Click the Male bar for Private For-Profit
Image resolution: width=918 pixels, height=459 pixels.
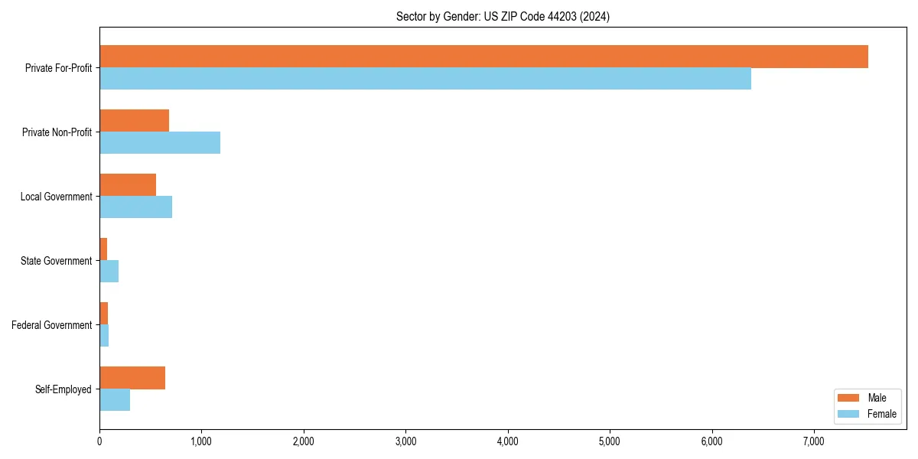[483, 57]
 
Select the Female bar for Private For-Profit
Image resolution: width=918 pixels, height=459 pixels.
[425, 79]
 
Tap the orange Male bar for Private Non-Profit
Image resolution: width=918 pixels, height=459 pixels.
[134, 121]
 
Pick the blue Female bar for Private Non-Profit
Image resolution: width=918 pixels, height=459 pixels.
[160, 143]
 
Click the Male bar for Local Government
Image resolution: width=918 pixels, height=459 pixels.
[128, 185]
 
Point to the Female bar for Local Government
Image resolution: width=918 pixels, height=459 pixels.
[135, 207]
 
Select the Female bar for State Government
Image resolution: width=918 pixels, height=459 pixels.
[109, 272]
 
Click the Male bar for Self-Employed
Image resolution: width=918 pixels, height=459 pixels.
[132, 378]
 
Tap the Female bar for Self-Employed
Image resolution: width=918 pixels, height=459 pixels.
[115, 400]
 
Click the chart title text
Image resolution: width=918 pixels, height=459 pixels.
[503, 16]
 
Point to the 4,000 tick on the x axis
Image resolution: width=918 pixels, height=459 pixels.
[508, 441]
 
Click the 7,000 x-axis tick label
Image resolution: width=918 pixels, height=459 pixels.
[814, 441]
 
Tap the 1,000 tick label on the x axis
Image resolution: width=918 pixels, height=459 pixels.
[201, 441]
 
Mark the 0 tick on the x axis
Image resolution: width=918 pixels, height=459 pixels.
[99, 441]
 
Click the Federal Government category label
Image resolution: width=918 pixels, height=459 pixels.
[52, 325]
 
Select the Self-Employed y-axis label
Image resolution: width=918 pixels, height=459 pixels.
[63, 389]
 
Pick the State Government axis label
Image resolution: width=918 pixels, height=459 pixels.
[57, 261]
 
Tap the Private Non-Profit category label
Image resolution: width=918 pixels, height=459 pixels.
[57, 132]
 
